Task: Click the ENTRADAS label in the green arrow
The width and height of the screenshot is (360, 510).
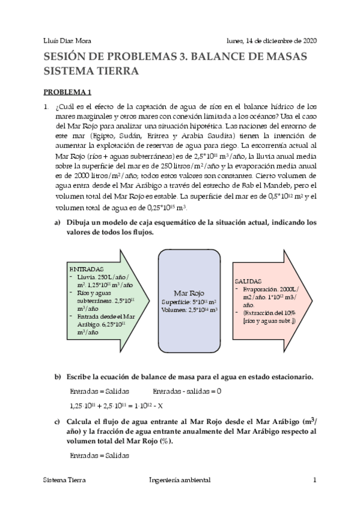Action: click(87, 268)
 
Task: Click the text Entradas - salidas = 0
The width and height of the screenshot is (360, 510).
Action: click(181, 391)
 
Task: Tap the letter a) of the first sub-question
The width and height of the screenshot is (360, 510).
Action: click(58, 223)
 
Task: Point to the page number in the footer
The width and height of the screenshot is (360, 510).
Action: click(314, 481)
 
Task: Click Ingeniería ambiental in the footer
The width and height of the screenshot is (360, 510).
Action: click(179, 481)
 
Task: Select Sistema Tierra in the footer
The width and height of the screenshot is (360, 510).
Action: click(64, 481)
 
